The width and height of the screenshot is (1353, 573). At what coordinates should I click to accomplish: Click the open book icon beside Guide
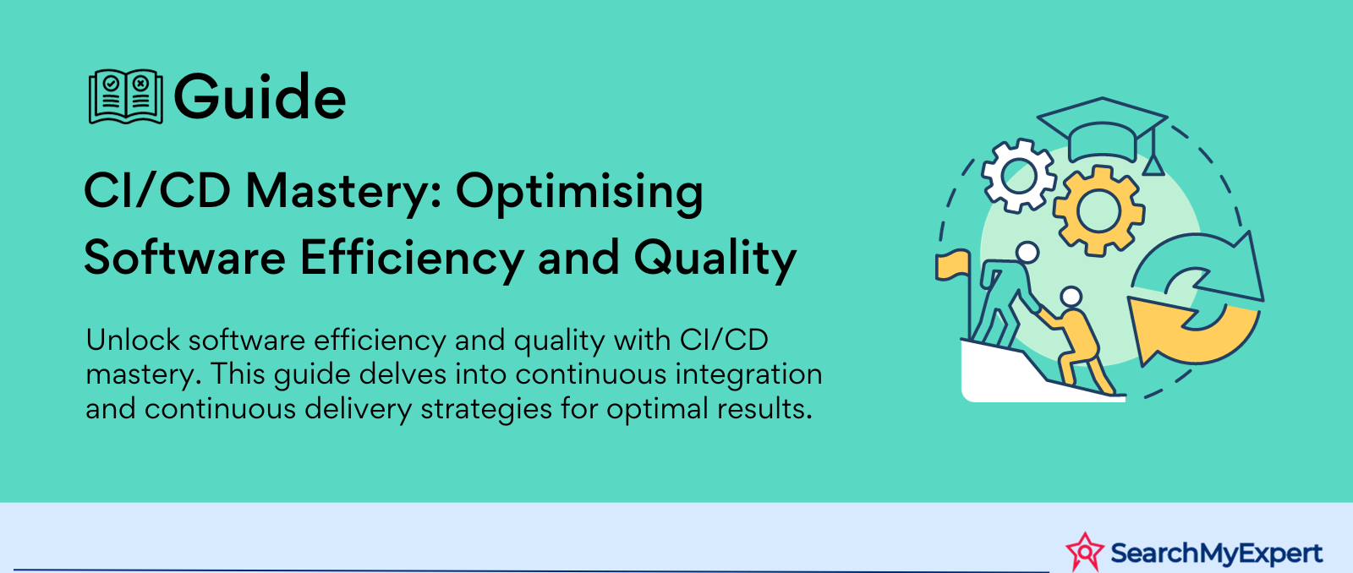[x=126, y=96]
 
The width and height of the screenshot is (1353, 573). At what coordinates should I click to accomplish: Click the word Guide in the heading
[x=260, y=96]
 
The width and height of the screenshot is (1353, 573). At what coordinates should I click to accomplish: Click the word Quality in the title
[x=715, y=258]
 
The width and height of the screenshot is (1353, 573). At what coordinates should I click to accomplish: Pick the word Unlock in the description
[x=133, y=340]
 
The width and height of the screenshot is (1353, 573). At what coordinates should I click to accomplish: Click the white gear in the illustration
[x=1019, y=175]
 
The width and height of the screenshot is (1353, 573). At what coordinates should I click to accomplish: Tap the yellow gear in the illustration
[x=1098, y=211]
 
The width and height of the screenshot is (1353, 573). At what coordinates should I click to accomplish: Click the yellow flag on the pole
[x=953, y=265]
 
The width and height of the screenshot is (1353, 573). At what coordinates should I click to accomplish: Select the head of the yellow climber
[x=1071, y=297]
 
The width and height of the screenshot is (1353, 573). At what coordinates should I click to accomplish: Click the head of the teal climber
[x=1027, y=253]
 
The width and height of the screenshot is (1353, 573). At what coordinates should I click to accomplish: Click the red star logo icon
[x=1085, y=551]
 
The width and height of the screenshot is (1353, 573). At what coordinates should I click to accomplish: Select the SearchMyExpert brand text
[x=1217, y=553]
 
